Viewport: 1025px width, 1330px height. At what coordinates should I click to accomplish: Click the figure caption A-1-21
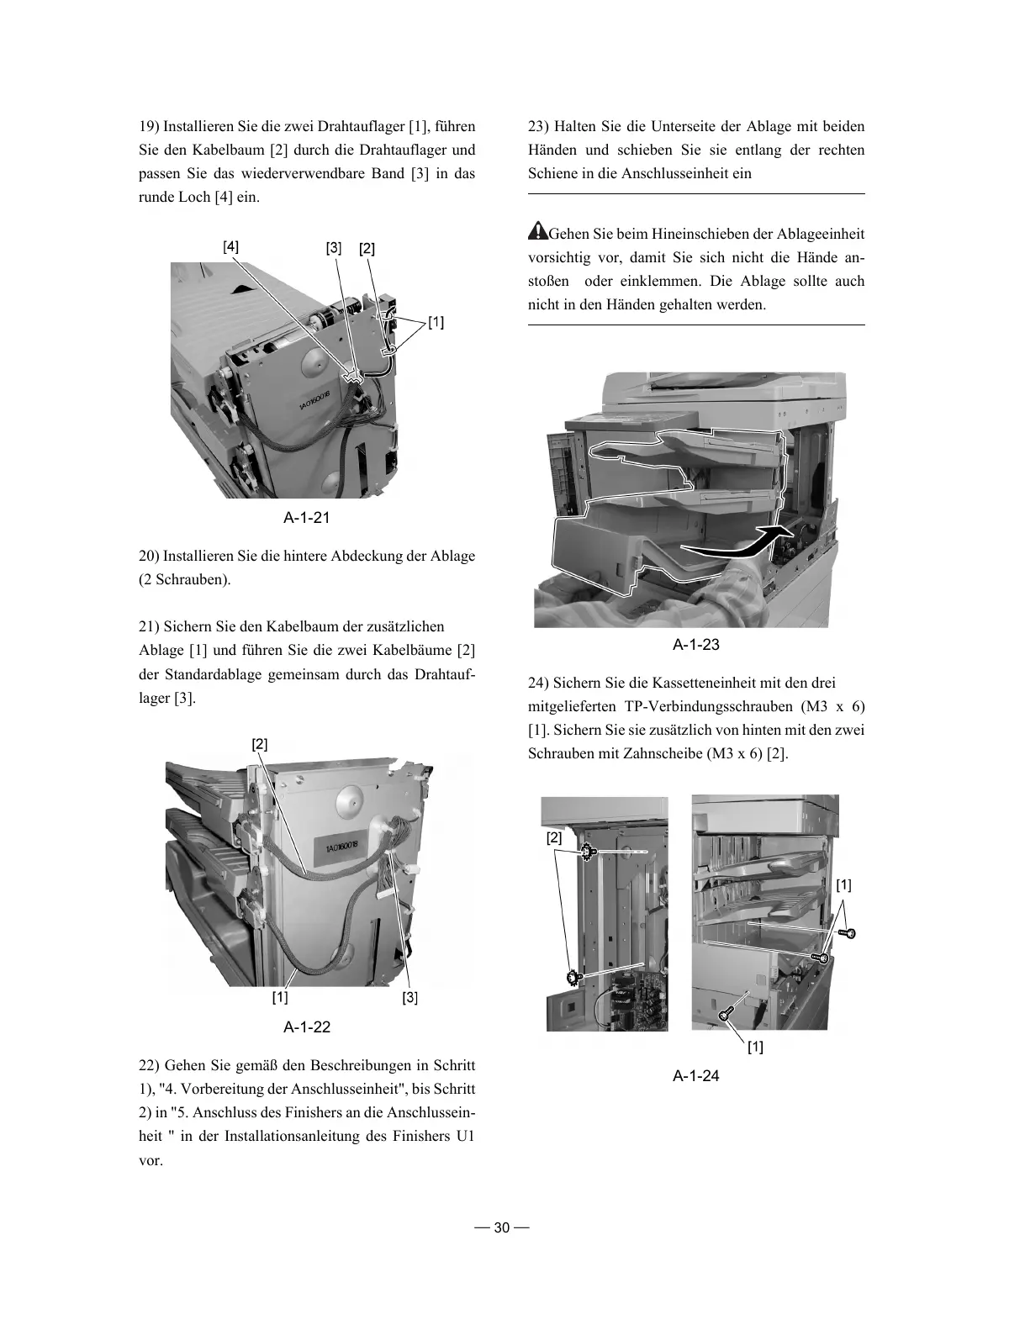pos(306,517)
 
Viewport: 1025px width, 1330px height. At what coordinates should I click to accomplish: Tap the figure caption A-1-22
pos(306,1027)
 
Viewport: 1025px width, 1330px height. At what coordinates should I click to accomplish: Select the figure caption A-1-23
pos(696,645)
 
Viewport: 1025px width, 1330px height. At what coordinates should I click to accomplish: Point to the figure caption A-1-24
pos(696,1075)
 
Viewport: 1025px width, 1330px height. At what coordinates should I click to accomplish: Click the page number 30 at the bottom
pos(502,1227)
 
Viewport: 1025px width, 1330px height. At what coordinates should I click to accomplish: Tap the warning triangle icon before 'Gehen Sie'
pos(536,231)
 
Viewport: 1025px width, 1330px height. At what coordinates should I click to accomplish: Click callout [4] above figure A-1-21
pos(230,247)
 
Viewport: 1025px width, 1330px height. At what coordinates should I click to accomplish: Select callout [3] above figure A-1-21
pos(334,248)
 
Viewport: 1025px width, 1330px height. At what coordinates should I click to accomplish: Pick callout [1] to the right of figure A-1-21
pos(436,322)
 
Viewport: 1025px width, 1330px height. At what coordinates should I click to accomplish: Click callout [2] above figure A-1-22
pos(260,744)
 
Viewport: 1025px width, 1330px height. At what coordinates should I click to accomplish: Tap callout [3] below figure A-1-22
pos(409,998)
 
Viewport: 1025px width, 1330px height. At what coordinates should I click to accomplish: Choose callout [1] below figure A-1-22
pos(279,998)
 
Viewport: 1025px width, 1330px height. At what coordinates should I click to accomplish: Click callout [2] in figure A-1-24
pos(554,838)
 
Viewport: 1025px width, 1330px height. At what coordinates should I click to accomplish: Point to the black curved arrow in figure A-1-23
pos(740,546)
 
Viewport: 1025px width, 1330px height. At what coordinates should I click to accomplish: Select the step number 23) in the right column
pos(538,127)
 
